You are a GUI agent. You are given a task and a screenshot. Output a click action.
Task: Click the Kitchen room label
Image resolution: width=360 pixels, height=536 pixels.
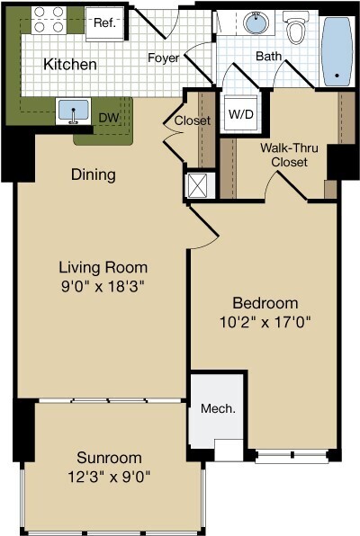[70, 64]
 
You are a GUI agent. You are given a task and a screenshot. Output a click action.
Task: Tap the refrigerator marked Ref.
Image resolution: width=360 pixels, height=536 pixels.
[104, 23]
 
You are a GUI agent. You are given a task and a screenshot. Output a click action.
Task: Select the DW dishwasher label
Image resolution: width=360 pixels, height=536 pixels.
[109, 118]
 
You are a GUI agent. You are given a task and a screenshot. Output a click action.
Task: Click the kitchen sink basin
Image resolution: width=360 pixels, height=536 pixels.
[73, 110]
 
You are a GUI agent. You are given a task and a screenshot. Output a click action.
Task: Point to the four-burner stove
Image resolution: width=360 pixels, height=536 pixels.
[49, 20]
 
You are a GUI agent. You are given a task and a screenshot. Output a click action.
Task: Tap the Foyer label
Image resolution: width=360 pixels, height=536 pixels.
[164, 58]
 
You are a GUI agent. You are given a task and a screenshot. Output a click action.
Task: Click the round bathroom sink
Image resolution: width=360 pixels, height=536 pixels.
[256, 22]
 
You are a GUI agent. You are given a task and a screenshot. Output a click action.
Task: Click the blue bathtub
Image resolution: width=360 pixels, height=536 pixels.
[337, 51]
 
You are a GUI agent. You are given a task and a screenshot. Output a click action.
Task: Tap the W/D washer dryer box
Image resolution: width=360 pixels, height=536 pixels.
[241, 114]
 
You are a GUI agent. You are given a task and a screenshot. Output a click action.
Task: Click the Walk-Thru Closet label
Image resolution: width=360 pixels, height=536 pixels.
[289, 155]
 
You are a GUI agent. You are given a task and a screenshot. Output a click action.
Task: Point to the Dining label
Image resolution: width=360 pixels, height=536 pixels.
[94, 174]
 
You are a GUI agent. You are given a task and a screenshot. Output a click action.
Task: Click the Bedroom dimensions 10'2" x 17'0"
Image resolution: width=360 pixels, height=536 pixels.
[265, 322]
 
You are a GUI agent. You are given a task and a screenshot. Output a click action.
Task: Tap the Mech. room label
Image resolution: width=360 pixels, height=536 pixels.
[218, 408]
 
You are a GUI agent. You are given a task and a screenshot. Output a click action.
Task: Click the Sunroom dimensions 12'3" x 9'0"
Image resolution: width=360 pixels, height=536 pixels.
[109, 476]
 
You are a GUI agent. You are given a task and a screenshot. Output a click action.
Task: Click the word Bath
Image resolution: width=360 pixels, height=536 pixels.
[269, 56]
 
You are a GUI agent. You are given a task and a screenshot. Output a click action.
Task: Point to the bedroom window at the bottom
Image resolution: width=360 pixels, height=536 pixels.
[292, 456]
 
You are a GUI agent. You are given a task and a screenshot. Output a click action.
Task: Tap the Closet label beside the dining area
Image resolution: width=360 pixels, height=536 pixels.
[193, 121]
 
